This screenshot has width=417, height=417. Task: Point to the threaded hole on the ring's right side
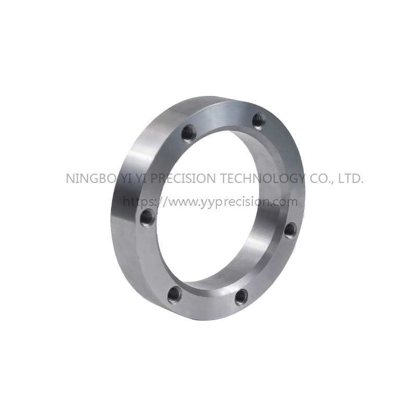click(x=291, y=229)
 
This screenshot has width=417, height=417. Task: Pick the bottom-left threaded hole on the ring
click(x=175, y=295)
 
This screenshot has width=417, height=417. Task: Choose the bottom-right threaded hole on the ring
click(x=242, y=297)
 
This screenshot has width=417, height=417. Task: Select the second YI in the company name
click(x=141, y=178)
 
